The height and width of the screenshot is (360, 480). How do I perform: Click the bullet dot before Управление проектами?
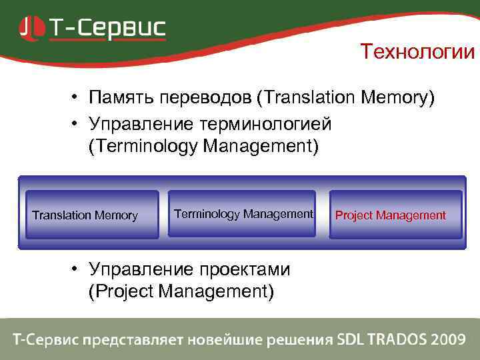[77, 269]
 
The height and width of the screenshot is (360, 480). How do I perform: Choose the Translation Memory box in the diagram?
[91, 215]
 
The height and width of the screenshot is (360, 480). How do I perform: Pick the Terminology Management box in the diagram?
[241, 214]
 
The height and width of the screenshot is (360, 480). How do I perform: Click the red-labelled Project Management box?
[395, 215]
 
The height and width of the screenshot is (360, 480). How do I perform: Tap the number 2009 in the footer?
[448, 339]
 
